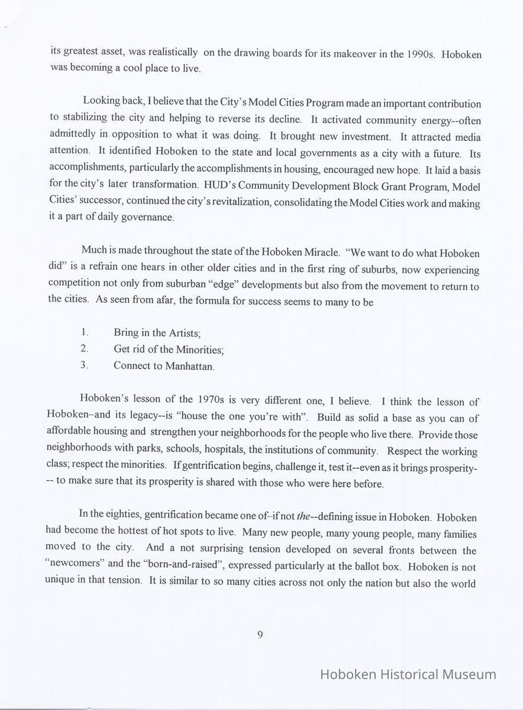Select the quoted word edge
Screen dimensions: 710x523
click(x=224, y=281)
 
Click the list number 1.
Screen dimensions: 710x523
click(x=85, y=333)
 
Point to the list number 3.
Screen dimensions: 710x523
click(x=85, y=365)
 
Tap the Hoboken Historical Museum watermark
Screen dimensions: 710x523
click(x=408, y=674)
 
